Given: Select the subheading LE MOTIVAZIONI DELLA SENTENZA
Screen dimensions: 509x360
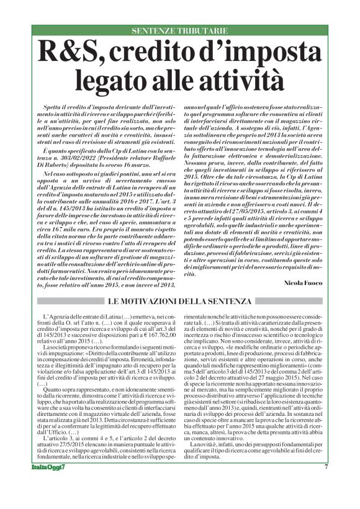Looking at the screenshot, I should pos(180,301).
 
